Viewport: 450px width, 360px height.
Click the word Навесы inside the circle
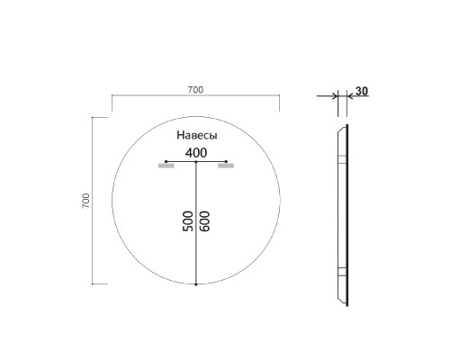pyautogui.click(x=195, y=135)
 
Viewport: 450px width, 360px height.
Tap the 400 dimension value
pyautogui.click(x=195, y=152)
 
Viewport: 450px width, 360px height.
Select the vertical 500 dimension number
pyautogui.click(x=188, y=223)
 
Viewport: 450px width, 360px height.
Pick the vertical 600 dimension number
pyautogui.click(x=204, y=223)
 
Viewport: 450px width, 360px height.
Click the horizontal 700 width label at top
pyautogui.click(x=195, y=88)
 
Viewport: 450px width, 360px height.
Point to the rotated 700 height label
pyautogui.click(x=85, y=200)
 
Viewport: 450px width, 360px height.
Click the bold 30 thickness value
pyautogui.click(x=361, y=91)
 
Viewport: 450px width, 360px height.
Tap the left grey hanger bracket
pyautogui.click(x=166, y=166)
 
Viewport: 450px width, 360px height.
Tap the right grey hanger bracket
pyautogui.click(x=225, y=166)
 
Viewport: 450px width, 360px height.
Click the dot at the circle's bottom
pyautogui.click(x=195, y=284)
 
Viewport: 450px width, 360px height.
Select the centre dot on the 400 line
pyautogui.click(x=195, y=162)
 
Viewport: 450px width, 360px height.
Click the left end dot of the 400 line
pyautogui.click(x=166, y=162)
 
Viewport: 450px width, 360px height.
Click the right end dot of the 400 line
pyautogui.click(x=225, y=162)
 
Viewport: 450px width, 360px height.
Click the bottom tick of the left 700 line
pyautogui.click(x=93, y=283)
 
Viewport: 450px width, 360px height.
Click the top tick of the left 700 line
pyautogui.click(x=93, y=116)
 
